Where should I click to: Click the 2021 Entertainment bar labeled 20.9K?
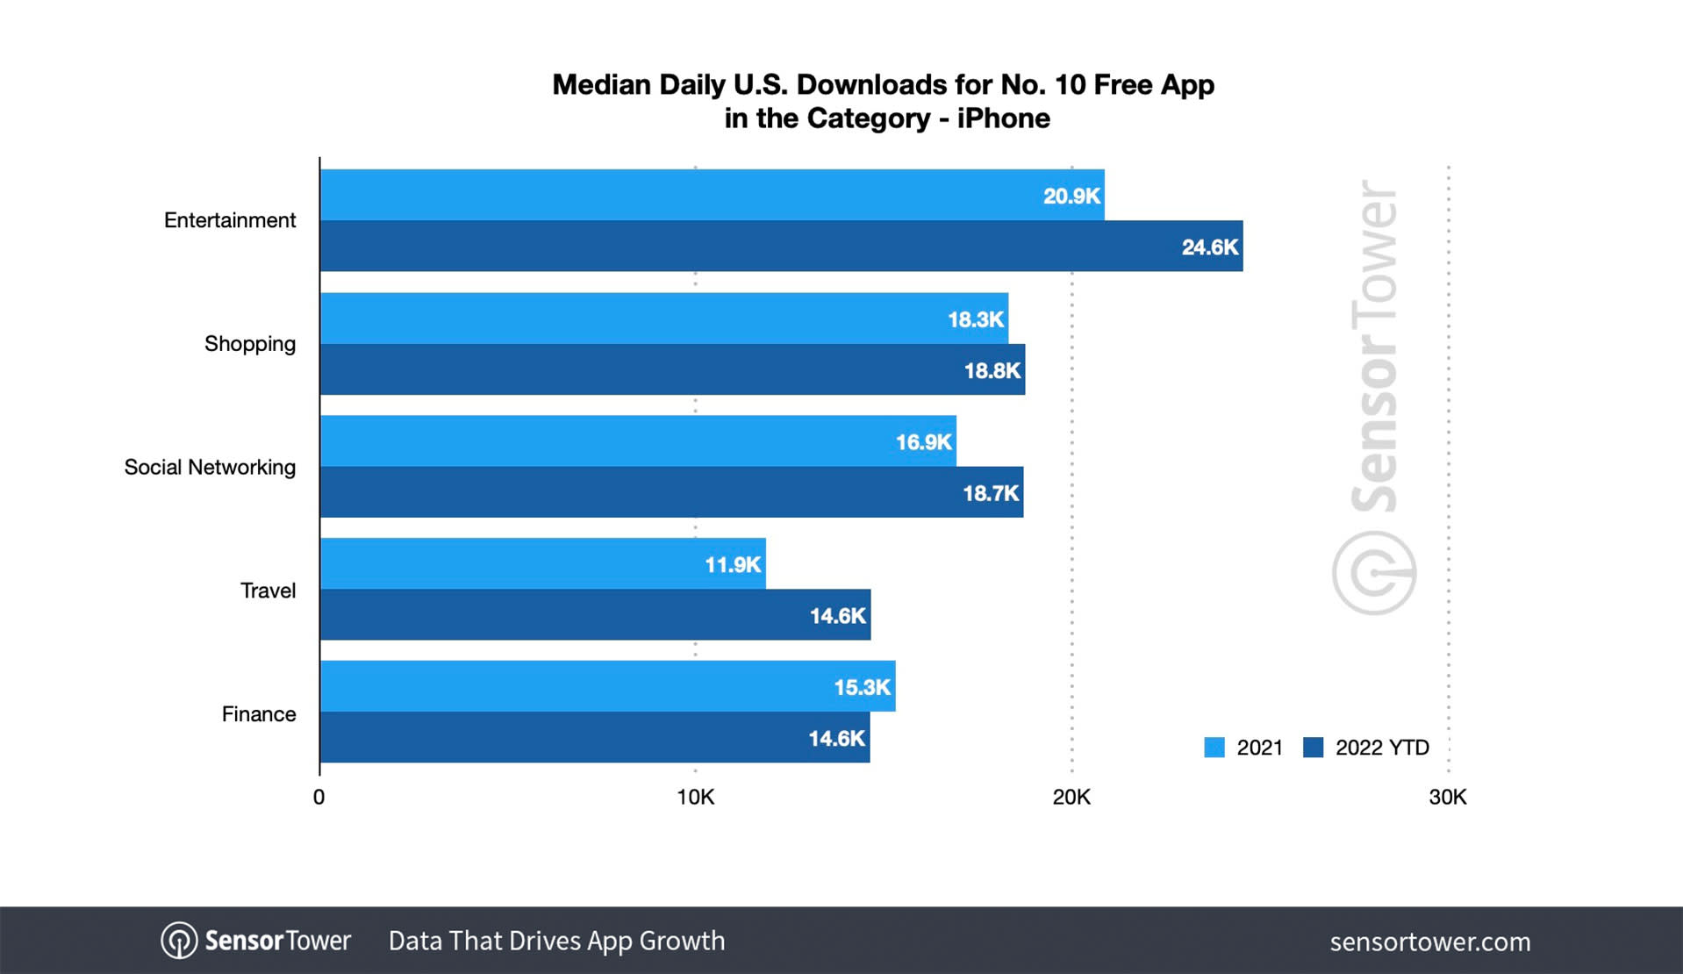(712, 195)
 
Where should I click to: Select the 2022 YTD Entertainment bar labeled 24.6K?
(781, 247)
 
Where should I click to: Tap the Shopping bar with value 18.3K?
(664, 319)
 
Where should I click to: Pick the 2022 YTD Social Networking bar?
(671, 492)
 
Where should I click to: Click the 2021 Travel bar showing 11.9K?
(542, 564)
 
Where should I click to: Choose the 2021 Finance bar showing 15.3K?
(607, 686)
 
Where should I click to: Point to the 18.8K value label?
(992, 370)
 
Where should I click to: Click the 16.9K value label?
(923, 441)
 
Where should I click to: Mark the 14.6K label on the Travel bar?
(837, 616)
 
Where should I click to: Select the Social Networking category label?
(210, 467)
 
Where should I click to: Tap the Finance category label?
(259, 714)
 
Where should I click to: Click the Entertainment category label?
(230, 220)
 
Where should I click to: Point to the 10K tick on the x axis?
(695, 797)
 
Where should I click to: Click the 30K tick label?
(1447, 797)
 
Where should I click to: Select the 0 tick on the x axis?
(319, 797)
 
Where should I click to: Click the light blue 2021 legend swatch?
(1214, 748)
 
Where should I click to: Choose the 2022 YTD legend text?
(1382, 748)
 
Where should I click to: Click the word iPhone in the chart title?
(1003, 118)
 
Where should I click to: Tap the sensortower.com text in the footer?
(1429, 942)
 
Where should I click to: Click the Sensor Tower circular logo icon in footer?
(179, 941)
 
